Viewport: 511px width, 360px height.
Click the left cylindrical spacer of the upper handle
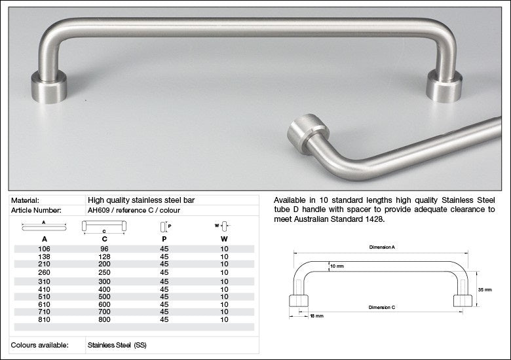click(49, 87)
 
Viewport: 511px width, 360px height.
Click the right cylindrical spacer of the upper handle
click(444, 86)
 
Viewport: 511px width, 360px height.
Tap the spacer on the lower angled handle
click(308, 134)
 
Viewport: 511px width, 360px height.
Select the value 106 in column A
click(45, 249)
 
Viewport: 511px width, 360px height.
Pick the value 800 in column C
click(104, 319)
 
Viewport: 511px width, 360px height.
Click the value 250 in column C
click(104, 272)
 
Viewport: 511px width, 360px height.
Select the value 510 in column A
click(45, 297)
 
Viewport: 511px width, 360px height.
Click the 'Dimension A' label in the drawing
click(382, 247)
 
